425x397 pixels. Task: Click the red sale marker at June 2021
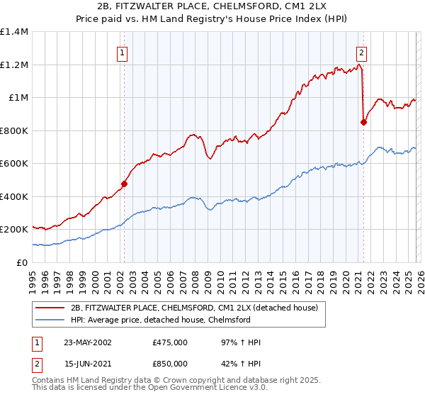[363, 122]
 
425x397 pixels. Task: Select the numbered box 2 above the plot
[362, 52]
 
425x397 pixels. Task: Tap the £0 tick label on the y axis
[22, 262]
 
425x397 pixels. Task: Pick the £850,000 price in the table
[170, 363]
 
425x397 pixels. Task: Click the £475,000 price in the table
[170, 342]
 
